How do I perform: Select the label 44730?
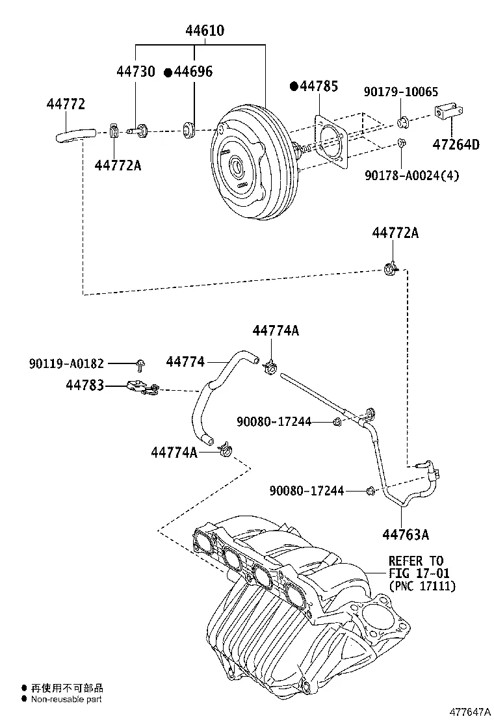point(136,72)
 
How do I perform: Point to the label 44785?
point(319,86)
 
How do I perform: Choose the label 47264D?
point(456,144)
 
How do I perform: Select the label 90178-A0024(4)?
point(411,175)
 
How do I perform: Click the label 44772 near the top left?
point(66,103)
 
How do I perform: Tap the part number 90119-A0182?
point(67,363)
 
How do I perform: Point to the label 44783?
point(85,386)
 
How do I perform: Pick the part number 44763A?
point(406,535)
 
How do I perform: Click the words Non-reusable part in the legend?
point(67,700)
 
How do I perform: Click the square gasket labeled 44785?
point(331,143)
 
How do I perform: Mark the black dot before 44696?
point(168,72)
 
